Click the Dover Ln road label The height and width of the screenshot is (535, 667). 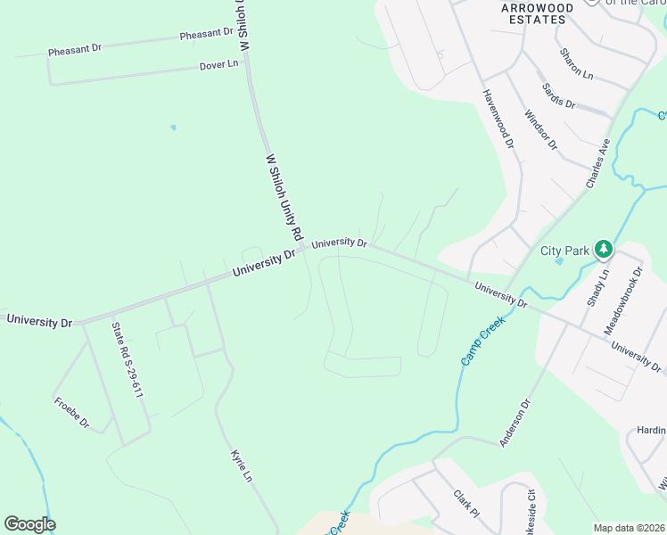219,65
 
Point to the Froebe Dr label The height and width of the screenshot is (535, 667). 71,412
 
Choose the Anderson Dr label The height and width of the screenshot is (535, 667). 515,423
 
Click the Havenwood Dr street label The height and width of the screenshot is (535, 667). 498,118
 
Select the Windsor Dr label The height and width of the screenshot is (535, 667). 540,130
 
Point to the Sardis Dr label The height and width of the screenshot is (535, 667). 559,96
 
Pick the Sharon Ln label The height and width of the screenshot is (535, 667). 576,64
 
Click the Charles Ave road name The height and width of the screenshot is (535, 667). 597,162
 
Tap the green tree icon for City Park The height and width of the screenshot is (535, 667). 604,249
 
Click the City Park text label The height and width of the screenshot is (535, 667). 564,251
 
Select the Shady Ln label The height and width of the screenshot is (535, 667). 597,288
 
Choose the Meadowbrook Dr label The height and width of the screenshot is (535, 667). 623,300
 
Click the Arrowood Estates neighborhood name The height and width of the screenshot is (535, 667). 537,12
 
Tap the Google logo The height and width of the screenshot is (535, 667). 29,523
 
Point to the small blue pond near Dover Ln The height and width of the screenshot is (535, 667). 173,128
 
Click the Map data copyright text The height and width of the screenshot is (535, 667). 630,528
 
